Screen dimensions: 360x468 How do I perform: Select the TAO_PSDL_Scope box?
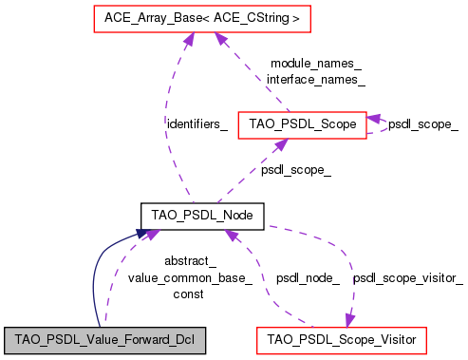coord(302,124)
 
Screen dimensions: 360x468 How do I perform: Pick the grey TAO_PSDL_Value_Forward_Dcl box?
coord(104,337)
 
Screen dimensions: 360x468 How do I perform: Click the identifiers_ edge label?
coord(197,124)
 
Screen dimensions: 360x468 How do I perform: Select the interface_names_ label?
coord(316,80)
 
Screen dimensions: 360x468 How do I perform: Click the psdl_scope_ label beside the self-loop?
coord(423,124)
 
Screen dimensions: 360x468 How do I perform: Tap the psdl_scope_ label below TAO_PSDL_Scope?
coord(296,170)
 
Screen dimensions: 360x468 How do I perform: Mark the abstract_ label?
coord(190,261)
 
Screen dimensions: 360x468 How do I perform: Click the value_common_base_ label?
coord(190,277)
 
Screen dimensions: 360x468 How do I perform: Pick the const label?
coord(190,294)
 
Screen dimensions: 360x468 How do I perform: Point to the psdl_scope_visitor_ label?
coord(408,278)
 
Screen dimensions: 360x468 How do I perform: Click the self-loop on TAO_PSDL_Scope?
coord(381,124)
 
